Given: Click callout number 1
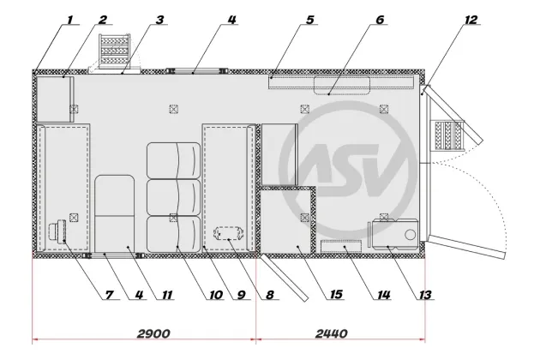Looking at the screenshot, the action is (70, 20).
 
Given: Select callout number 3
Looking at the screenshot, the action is (159, 20).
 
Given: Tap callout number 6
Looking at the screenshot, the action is (380, 20).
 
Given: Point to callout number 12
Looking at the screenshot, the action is (471, 20).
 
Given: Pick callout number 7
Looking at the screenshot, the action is (109, 295).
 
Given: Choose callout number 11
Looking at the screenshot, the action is (167, 295).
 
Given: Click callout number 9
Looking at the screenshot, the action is (241, 295).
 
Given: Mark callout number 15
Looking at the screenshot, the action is (336, 294).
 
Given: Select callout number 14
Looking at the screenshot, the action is (384, 295).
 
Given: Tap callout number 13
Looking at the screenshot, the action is (425, 295).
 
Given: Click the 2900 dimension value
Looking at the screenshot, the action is (153, 333).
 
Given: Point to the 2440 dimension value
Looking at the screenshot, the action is (332, 333).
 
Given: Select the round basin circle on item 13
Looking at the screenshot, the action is (411, 235).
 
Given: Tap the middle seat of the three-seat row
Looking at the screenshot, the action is (173, 197).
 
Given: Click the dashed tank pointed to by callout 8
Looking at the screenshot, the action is (229, 233).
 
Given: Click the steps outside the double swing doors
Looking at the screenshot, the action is (449, 135).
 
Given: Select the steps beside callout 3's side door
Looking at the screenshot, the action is (114, 50).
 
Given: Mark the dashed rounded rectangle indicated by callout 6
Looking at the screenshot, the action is (342, 86).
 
